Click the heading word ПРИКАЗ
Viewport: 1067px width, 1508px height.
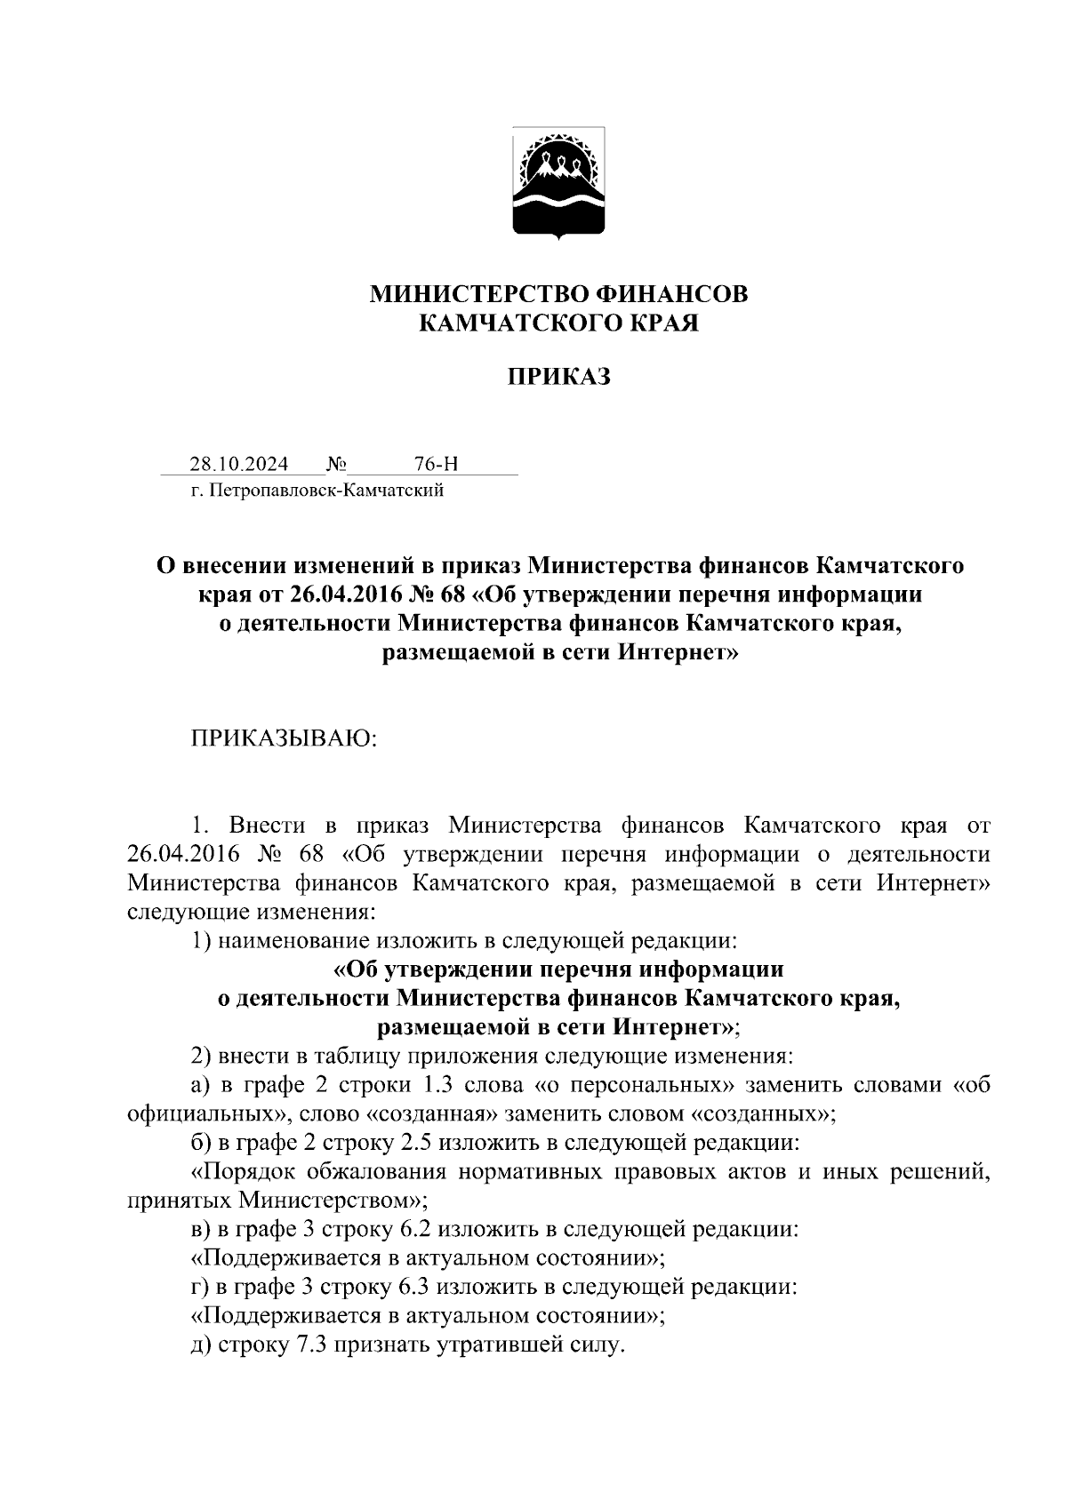559,378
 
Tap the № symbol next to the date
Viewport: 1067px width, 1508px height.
336,464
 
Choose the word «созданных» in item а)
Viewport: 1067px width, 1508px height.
760,1113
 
